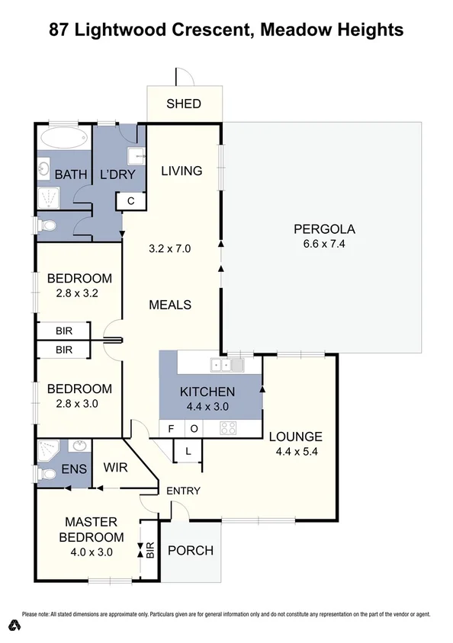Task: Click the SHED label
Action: [184, 104]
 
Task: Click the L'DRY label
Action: [117, 174]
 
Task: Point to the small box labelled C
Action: [130, 201]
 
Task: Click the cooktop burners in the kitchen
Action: [228, 428]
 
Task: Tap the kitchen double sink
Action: [228, 365]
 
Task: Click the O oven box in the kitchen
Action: [194, 429]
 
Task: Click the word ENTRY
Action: [183, 491]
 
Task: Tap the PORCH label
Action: [190, 551]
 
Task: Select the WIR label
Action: [115, 466]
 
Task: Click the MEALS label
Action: [169, 305]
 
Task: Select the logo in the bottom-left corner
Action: [14, 626]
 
